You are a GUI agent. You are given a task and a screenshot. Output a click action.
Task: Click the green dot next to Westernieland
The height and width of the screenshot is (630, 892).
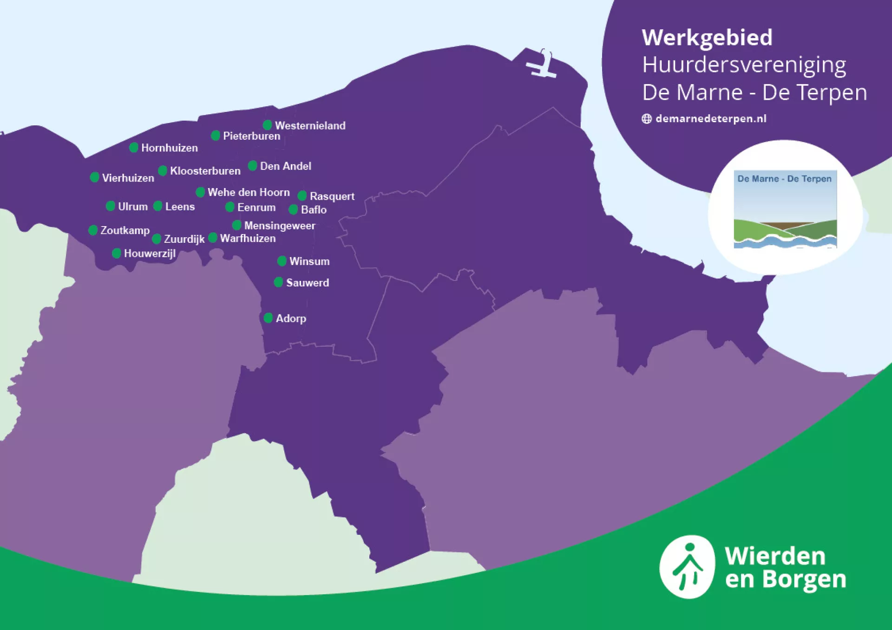click(x=267, y=125)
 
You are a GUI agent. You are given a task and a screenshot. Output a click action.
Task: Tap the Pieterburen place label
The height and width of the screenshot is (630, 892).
click(x=251, y=136)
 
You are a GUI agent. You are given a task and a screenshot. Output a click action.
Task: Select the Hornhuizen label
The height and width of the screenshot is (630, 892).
click(x=169, y=148)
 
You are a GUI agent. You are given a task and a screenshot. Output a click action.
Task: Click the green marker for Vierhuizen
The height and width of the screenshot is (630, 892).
click(x=94, y=177)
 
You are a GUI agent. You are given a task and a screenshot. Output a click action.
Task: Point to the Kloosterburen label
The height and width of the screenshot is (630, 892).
click(x=205, y=171)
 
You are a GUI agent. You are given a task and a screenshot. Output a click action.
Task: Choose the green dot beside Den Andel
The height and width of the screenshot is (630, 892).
click(x=252, y=166)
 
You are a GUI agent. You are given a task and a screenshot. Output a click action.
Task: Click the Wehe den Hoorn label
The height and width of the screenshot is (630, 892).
click(x=248, y=192)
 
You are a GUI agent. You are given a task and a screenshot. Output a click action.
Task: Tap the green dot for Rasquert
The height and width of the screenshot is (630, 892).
click(x=302, y=195)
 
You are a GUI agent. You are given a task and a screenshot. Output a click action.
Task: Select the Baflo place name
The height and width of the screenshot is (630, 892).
click(x=314, y=210)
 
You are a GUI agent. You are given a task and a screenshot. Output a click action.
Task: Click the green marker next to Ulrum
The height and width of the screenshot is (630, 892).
click(x=110, y=206)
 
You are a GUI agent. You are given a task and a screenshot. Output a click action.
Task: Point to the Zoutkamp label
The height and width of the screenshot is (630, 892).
click(x=125, y=230)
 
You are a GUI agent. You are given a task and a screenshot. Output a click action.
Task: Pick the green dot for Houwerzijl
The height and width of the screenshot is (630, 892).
click(x=116, y=253)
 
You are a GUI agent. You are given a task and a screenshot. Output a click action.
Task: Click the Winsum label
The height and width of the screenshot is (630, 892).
click(x=309, y=261)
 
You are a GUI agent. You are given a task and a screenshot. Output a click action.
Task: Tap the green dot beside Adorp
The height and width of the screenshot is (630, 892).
click(x=268, y=318)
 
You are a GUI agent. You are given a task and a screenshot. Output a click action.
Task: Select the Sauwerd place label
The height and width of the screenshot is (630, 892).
click(x=307, y=283)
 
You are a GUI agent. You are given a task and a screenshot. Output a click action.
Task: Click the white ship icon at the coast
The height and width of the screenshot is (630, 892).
click(x=542, y=65)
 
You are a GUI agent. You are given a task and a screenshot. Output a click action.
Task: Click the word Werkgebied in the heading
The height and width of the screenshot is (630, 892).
click(x=707, y=38)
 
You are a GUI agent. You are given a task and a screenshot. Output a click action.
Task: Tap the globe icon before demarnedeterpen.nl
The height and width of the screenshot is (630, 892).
click(x=646, y=119)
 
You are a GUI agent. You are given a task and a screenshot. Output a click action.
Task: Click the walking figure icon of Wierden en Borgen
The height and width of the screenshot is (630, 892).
click(x=687, y=567)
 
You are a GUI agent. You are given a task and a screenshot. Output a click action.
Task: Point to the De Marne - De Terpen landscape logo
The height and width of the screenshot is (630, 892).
click(x=785, y=209)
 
